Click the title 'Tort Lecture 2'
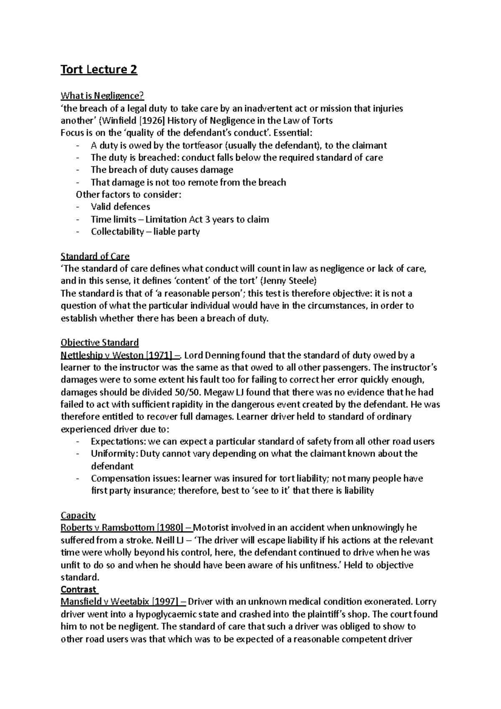pos(99,69)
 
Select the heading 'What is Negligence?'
pos(102,96)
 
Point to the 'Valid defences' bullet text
pos(120,207)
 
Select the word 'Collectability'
pos(117,232)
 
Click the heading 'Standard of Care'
pos(95,256)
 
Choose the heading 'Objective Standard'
pos(99,343)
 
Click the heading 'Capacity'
pos(78,515)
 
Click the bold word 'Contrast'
pos(78,590)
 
